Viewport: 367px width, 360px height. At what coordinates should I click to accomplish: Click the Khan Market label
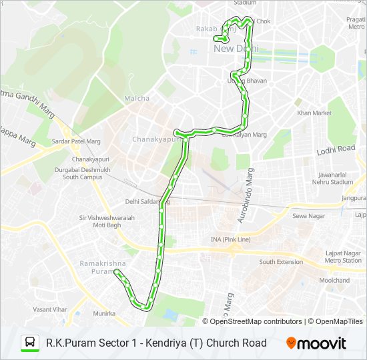coord(314,113)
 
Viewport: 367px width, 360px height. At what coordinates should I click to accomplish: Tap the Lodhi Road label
coord(336,150)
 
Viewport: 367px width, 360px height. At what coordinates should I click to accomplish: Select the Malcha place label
coord(137,99)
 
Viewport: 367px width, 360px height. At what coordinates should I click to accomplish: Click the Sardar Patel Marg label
coord(76,141)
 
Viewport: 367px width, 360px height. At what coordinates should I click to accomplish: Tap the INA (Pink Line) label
coord(231,239)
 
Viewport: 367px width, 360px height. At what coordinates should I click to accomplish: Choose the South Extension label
coord(281,262)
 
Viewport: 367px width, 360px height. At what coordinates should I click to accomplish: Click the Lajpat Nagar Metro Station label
coord(343,257)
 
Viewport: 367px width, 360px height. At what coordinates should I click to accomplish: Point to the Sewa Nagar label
coord(307,216)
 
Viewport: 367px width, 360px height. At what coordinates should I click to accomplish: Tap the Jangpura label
coord(354,199)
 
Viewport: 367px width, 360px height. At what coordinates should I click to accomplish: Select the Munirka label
coord(104,313)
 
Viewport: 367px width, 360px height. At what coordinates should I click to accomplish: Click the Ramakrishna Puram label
coord(98,267)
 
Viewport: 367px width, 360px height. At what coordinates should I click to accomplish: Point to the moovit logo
coord(316,343)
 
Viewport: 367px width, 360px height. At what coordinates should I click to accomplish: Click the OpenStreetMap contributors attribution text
coord(256,321)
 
